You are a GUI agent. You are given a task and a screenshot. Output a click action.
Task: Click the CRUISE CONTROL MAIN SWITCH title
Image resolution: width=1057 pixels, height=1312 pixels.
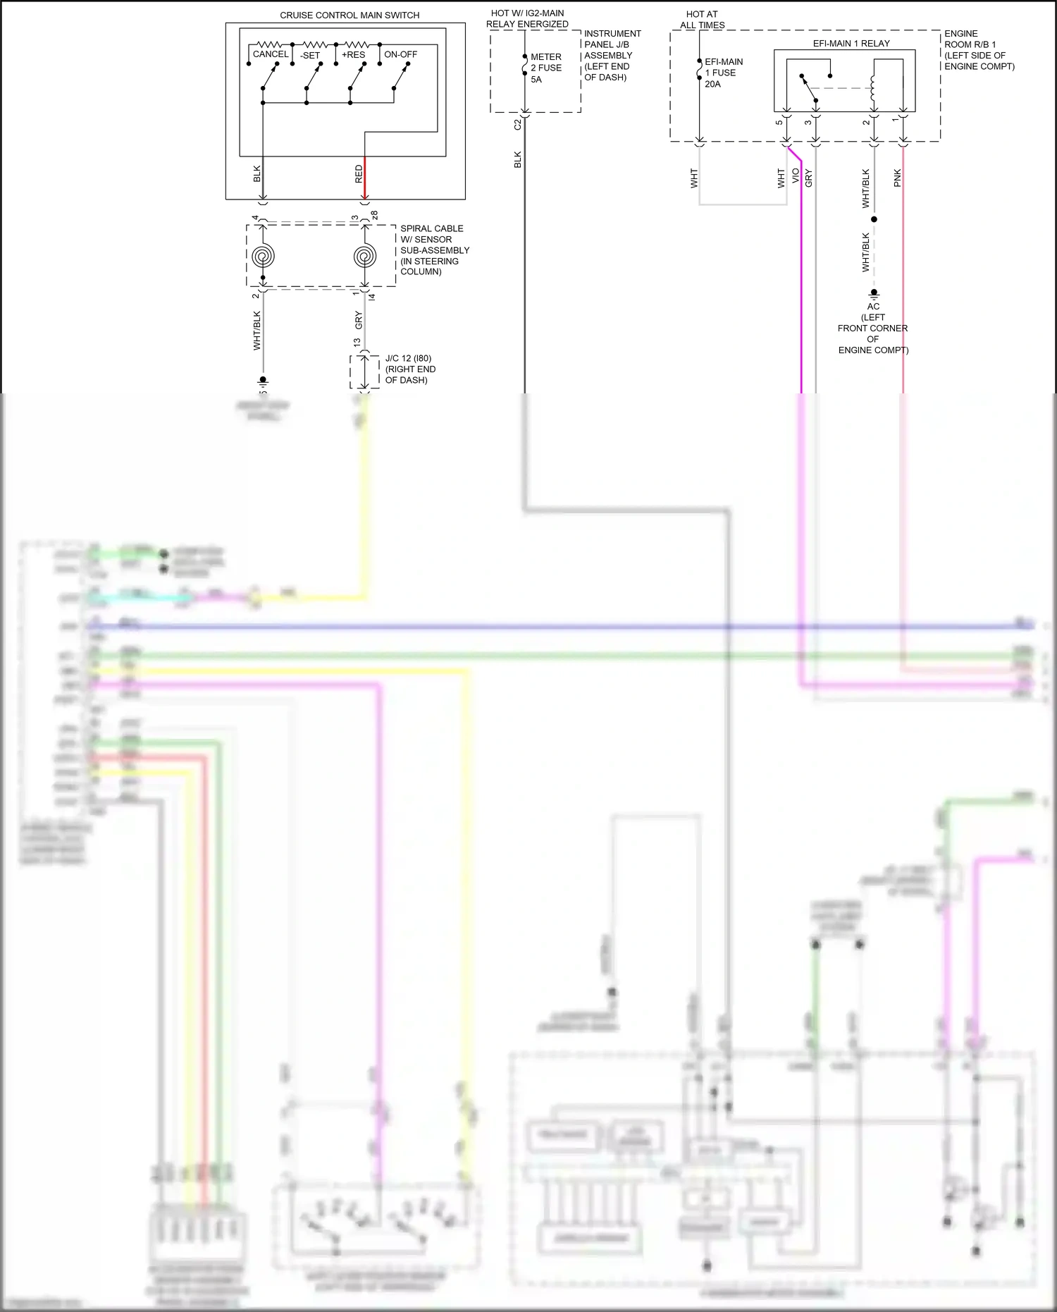point(350,15)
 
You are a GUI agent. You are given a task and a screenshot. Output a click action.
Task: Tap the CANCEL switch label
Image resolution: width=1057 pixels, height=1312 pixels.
point(271,54)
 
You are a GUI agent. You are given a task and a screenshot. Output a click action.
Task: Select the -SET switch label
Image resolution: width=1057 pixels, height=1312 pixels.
point(310,55)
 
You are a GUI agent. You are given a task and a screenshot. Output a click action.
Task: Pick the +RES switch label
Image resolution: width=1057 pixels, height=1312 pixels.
point(353,54)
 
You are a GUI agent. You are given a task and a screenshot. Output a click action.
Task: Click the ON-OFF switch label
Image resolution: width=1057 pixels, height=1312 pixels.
point(400,54)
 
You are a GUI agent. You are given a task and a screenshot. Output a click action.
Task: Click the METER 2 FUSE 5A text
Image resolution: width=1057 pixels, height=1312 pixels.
point(545,68)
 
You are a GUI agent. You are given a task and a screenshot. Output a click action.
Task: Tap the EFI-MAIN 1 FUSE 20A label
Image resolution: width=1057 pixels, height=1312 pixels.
point(723,73)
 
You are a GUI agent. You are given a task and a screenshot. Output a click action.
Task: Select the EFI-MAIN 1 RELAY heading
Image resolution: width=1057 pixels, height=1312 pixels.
point(851,43)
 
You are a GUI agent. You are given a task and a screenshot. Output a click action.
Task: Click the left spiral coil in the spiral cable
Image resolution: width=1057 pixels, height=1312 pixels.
point(263,256)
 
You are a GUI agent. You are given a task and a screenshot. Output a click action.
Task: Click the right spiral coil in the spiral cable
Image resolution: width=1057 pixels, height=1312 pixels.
point(364,256)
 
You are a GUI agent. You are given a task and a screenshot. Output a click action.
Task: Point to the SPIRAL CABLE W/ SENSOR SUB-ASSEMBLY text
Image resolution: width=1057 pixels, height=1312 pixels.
point(433,250)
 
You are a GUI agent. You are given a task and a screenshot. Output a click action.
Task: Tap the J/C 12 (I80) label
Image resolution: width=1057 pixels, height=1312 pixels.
point(408,358)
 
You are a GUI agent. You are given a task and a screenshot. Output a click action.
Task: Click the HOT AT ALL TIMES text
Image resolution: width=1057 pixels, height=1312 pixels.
point(702,19)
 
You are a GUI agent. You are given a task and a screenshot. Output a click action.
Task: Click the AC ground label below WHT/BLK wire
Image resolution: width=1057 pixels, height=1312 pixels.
point(873,306)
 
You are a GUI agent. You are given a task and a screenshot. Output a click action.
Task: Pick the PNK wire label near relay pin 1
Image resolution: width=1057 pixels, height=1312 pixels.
point(897,178)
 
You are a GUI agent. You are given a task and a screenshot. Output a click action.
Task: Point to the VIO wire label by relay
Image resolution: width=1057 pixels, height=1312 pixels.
point(796,176)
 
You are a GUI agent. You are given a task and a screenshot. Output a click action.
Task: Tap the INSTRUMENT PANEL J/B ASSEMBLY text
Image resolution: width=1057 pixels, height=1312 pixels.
point(612,55)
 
